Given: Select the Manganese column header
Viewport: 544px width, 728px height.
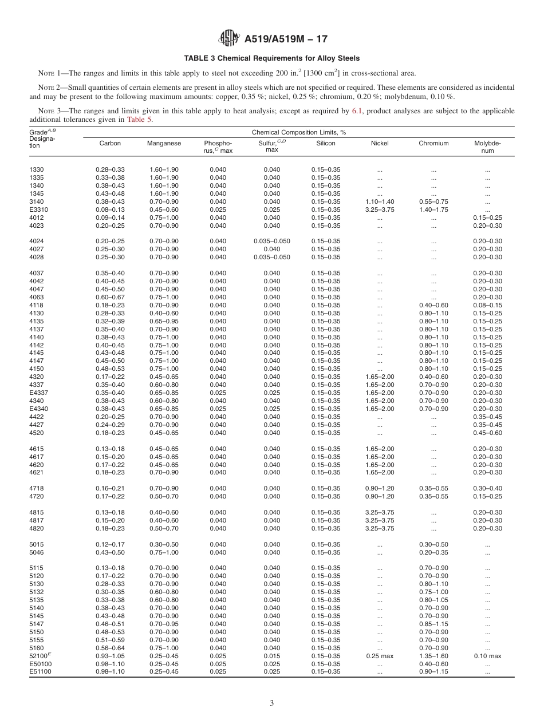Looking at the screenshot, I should (164, 144).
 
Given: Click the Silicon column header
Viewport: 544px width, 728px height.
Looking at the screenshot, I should (326, 144).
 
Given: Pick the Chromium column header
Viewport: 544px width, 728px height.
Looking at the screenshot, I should (433, 144).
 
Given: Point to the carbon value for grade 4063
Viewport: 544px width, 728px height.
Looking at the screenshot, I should (110, 297).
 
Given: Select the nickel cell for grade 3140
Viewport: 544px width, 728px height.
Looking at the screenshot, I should (380, 201).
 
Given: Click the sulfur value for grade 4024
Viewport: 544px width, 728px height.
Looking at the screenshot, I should (272, 242).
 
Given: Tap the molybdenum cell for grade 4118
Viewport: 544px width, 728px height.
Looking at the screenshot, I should (487, 305).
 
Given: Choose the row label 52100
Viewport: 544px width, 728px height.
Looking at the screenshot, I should (38, 656).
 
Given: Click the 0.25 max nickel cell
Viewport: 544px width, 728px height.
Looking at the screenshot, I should (380, 656).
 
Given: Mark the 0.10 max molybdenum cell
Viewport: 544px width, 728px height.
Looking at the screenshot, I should (487, 656).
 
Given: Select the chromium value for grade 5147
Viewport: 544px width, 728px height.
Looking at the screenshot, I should (433, 624).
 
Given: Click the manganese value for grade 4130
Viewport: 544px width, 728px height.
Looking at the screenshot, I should (164, 313).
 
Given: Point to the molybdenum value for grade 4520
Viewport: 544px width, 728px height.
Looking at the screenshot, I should (487, 433).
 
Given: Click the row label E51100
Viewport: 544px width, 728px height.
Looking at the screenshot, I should (40, 672).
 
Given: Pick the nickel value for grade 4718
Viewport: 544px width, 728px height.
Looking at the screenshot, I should (380, 488).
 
